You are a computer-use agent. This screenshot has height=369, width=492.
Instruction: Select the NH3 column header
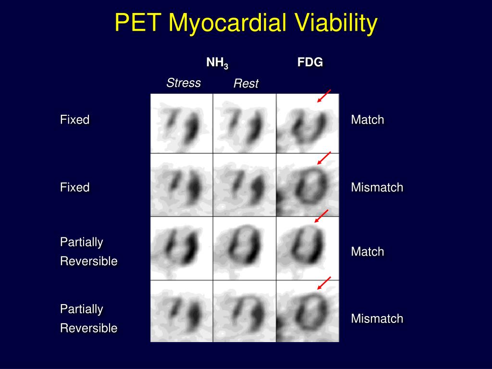tap(217, 63)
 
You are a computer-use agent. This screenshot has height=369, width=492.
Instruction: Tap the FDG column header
tap(310, 62)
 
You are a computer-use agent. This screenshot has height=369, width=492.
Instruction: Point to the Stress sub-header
tap(184, 83)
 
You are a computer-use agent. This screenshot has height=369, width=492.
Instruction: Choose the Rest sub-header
tap(246, 84)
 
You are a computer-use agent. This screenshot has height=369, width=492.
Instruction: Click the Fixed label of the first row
tap(75, 120)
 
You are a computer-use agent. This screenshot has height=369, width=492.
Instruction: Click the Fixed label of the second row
tap(75, 187)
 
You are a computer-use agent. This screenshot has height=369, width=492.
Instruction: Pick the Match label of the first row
tap(368, 120)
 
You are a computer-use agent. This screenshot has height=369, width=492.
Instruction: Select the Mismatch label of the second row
tap(377, 187)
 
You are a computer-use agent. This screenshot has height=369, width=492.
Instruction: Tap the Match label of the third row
tap(368, 251)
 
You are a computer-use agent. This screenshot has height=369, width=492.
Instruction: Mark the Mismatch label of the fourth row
tap(377, 318)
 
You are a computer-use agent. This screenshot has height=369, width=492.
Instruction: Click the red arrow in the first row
tap(324, 96)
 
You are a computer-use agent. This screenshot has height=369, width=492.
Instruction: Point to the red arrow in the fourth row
tap(324, 283)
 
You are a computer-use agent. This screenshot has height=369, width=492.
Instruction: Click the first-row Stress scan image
tap(182, 123)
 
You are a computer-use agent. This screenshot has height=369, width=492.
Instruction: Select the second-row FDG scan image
tap(307, 185)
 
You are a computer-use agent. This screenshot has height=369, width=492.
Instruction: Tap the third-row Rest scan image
tap(245, 248)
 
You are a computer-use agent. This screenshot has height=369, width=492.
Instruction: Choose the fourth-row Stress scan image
tap(182, 311)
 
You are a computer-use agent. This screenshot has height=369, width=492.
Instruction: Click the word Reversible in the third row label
tap(89, 261)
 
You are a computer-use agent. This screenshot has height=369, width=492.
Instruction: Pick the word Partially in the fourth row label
tap(82, 308)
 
